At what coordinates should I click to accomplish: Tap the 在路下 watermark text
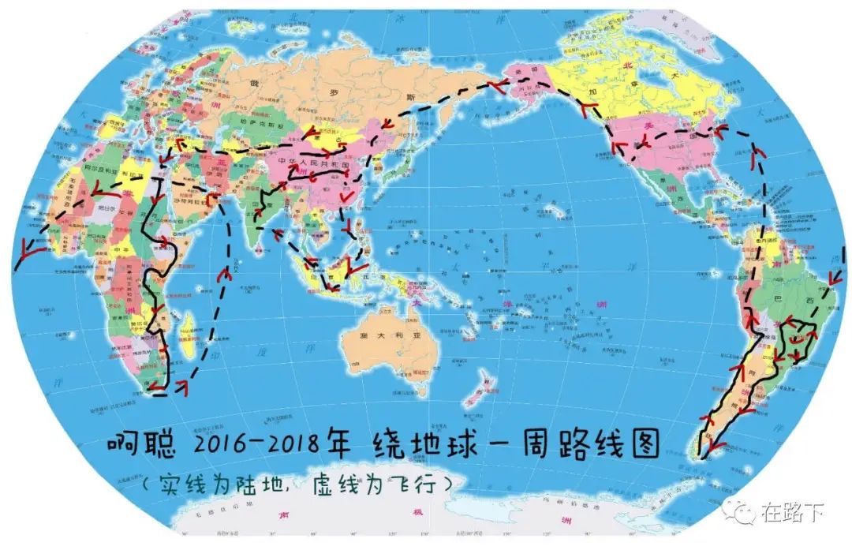(792, 513)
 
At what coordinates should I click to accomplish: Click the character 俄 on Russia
(255, 80)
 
